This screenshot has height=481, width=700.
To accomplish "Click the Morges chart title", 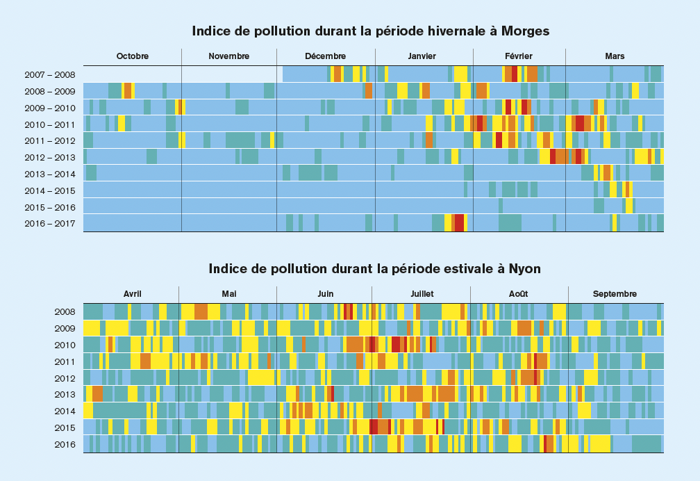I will [371, 31].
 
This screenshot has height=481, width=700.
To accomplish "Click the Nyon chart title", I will [374, 269].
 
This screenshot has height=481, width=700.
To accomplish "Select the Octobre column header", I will [133, 56].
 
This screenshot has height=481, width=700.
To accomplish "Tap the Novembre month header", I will [229, 56].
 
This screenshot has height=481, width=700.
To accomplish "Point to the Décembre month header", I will [325, 56].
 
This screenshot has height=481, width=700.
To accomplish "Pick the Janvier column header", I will [422, 56].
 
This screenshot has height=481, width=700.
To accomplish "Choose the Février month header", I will [519, 56].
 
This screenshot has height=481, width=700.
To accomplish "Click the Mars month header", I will [615, 56].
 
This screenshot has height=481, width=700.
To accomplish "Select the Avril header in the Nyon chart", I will [133, 294].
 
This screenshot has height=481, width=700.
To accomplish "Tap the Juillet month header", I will [422, 294].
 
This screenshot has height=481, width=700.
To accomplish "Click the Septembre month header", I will [615, 294].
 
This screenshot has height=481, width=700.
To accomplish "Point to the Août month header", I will [518, 294].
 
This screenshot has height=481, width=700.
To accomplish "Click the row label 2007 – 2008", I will [50, 74].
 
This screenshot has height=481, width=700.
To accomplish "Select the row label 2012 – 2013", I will [50, 157].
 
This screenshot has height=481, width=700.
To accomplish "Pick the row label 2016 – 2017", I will [50, 223].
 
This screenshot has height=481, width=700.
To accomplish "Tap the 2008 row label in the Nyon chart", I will [65, 312].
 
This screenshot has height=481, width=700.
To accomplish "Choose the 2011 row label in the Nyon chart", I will [65, 361].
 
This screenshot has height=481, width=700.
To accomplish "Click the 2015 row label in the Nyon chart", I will [65, 427].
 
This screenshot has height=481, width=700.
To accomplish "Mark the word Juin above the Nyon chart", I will [325, 294].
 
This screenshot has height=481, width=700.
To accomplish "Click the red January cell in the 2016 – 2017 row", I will [459, 223].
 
